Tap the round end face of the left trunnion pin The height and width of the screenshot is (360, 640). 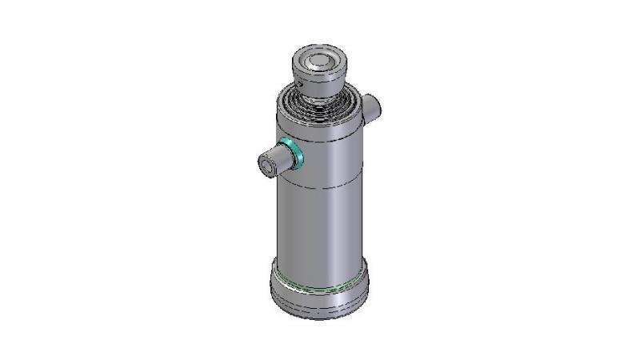pyautogui.click(x=263, y=166)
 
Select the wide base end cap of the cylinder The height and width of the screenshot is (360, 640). pyautogui.click(x=320, y=292)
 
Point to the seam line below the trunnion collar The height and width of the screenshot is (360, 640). pyautogui.click(x=320, y=187)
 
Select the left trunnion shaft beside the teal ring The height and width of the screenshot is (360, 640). pyautogui.click(x=276, y=160)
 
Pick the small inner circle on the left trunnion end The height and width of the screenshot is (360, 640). pyautogui.click(x=262, y=166)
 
